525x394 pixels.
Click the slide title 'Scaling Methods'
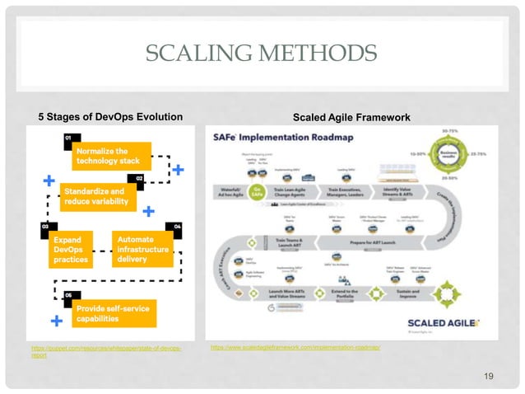[x=262, y=55]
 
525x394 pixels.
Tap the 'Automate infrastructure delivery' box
[x=142, y=248]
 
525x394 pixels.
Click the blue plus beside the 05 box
[x=57, y=319]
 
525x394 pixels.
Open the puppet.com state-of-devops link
[x=106, y=352]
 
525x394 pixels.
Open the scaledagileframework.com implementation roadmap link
[x=295, y=348]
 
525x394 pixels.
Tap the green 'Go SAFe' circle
[x=258, y=191]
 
